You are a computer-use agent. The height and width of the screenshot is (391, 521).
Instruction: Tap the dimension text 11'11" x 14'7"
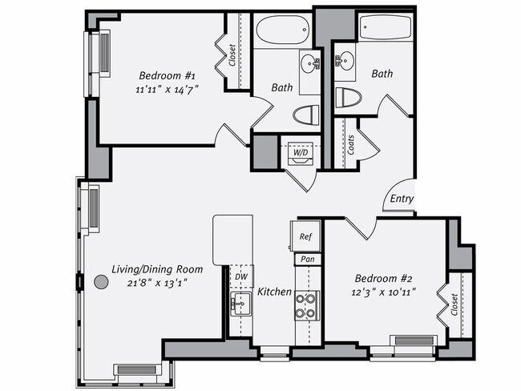pos(167,90)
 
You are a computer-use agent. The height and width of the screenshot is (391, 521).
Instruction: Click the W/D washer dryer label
pos(301,151)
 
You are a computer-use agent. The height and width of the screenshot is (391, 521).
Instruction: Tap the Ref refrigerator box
pos(305,237)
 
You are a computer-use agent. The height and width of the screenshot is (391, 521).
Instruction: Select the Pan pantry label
pos(305,260)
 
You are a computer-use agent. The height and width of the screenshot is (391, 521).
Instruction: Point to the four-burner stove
pos(305,304)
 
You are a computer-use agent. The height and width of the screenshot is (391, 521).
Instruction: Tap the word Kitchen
pos(274,292)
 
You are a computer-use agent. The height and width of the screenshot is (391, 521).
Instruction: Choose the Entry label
pos(401,199)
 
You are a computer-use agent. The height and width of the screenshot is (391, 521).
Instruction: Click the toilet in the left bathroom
pos(305,115)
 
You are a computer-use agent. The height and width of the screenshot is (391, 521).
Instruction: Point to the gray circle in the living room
pos(101,282)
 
